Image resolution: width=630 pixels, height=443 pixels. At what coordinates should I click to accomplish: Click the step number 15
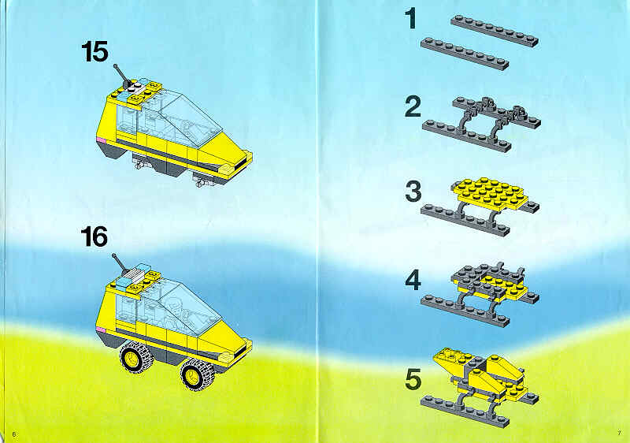coord(94,52)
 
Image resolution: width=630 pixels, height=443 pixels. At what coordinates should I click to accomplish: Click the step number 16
coord(94,236)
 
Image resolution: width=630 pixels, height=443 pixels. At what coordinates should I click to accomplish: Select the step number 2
coord(413,107)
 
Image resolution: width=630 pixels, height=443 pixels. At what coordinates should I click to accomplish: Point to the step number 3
coord(413,192)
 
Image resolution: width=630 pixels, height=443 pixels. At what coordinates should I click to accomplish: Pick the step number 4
coord(413,280)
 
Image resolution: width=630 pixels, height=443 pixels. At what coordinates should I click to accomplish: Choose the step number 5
coord(413,380)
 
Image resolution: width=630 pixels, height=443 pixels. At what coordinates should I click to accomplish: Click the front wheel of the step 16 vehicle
coord(197,374)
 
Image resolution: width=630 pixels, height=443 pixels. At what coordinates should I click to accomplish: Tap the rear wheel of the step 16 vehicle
coord(136,357)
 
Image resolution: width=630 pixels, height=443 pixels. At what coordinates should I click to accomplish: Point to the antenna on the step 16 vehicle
coord(120,262)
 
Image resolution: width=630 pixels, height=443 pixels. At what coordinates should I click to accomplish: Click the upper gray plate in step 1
coord(495,31)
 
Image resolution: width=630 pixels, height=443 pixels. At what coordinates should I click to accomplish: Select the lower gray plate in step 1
coord(465,54)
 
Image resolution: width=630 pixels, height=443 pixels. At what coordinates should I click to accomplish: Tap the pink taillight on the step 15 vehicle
coord(102,140)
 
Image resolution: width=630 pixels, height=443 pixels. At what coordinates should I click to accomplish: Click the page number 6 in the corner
coord(14,434)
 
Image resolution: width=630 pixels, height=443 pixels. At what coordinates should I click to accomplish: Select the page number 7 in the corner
coord(619,433)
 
